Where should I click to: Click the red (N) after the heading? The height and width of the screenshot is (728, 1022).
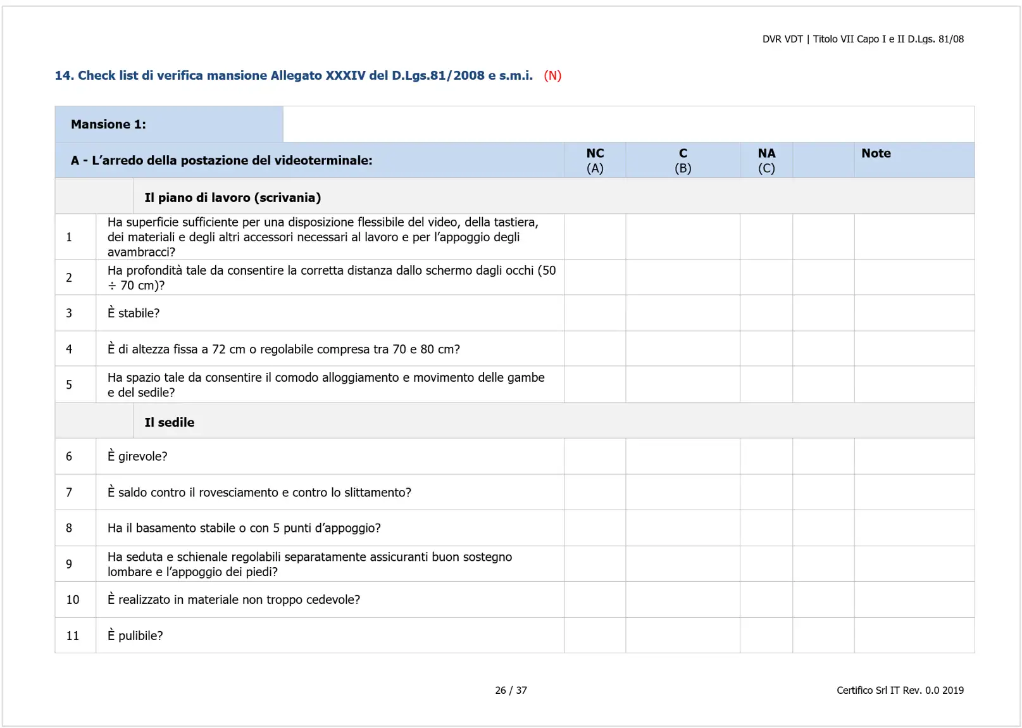click(x=552, y=75)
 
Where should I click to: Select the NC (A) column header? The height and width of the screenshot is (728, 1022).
click(x=595, y=160)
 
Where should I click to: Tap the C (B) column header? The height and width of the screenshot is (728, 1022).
click(x=683, y=160)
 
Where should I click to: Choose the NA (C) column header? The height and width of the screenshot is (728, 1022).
click(x=766, y=160)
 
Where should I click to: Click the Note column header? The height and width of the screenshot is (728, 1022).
click(x=876, y=153)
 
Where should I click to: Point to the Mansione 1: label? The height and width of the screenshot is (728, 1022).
click(x=108, y=124)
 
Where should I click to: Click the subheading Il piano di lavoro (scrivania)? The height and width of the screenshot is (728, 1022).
click(x=232, y=198)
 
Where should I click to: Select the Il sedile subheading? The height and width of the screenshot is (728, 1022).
click(x=169, y=422)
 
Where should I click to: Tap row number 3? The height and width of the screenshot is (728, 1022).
click(x=69, y=313)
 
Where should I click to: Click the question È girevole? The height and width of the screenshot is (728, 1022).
click(x=137, y=456)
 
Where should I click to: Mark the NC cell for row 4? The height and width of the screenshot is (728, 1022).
click(x=595, y=349)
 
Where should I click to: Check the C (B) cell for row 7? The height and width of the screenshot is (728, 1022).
click(x=683, y=493)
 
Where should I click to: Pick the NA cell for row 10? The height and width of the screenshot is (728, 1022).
click(x=766, y=599)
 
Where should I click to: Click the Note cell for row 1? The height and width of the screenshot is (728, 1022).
click(x=914, y=237)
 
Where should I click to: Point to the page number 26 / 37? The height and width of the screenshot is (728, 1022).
click(x=511, y=690)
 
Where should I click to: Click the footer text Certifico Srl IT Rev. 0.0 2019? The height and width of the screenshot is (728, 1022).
click(x=900, y=690)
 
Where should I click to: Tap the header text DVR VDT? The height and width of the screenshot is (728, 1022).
click(x=782, y=39)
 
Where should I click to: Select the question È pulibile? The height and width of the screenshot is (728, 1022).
click(x=135, y=636)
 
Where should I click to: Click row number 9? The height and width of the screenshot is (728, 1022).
click(x=69, y=564)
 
